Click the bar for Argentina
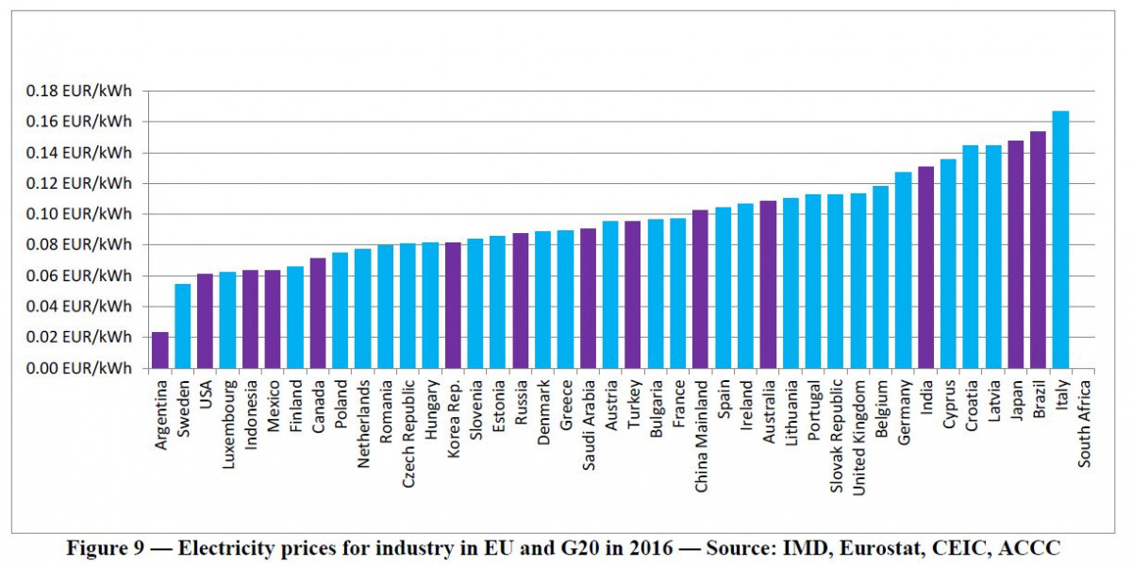point(160,350)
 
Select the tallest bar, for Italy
point(1060,240)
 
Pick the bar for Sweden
point(183,325)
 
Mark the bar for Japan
point(1015,254)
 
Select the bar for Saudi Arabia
point(588,298)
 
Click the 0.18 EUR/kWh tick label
point(79,92)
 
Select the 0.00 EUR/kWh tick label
point(79,368)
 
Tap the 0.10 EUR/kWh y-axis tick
point(79,214)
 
